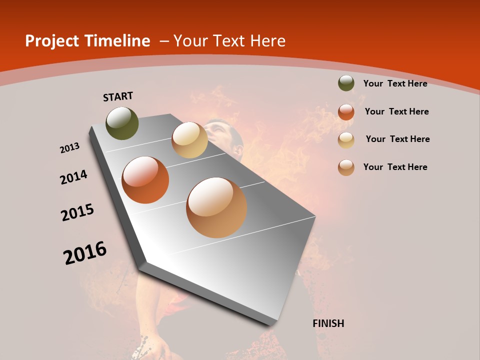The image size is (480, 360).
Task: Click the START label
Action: (x=118, y=96)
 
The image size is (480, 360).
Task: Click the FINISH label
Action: (x=328, y=323)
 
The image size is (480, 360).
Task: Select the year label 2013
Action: (x=70, y=148)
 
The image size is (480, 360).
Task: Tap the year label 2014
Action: (x=74, y=177)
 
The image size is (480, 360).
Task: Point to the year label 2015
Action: (x=77, y=212)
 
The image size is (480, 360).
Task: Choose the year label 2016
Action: (x=85, y=253)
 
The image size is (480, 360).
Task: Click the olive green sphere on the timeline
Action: (x=122, y=123)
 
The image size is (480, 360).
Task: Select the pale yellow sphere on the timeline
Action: (x=189, y=140)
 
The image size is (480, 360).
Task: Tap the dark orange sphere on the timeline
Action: (x=145, y=180)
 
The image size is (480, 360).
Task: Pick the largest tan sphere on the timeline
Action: (x=216, y=207)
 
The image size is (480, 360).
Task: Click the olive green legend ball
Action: (x=346, y=83)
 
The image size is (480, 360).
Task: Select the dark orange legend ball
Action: (x=346, y=112)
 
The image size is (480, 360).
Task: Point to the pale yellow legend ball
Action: (x=346, y=139)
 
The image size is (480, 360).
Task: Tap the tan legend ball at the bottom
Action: (x=346, y=167)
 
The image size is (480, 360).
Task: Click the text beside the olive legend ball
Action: (x=395, y=83)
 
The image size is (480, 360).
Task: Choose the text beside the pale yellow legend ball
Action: (x=397, y=139)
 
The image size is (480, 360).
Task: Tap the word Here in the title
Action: (x=267, y=41)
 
